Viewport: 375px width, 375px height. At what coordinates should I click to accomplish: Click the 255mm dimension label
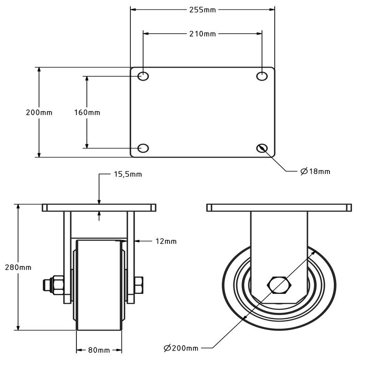(202, 10)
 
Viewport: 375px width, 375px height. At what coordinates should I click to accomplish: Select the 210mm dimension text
(202, 34)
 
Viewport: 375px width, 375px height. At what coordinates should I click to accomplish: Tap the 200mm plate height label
(39, 112)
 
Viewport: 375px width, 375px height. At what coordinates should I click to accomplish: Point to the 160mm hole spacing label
(87, 112)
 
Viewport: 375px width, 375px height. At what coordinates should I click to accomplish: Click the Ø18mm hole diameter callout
(315, 171)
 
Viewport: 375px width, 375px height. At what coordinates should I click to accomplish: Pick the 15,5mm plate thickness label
(127, 174)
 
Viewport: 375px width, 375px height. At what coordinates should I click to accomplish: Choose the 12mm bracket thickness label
(166, 241)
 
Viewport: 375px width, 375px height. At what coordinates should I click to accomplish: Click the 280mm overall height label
(18, 267)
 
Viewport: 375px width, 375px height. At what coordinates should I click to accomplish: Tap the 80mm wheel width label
(99, 350)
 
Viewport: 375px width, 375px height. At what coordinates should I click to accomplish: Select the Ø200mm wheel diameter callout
(181, 348)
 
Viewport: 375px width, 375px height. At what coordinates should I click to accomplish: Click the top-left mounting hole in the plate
(143, 76)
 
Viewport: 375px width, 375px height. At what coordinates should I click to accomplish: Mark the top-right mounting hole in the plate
(262, 76)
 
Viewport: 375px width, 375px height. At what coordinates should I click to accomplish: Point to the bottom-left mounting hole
(143, 148)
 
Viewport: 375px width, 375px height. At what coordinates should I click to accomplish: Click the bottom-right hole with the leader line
(262, 148)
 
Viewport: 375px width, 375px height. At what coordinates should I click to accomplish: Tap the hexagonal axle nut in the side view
(279, 285)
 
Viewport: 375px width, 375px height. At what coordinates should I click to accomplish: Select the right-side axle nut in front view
(139, 285)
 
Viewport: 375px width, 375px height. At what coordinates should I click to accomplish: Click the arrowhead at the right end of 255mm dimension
(272, 10)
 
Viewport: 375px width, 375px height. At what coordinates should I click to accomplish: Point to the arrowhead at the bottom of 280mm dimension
(18, 327)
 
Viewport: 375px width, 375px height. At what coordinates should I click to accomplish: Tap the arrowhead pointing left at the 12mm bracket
(137, 241)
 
